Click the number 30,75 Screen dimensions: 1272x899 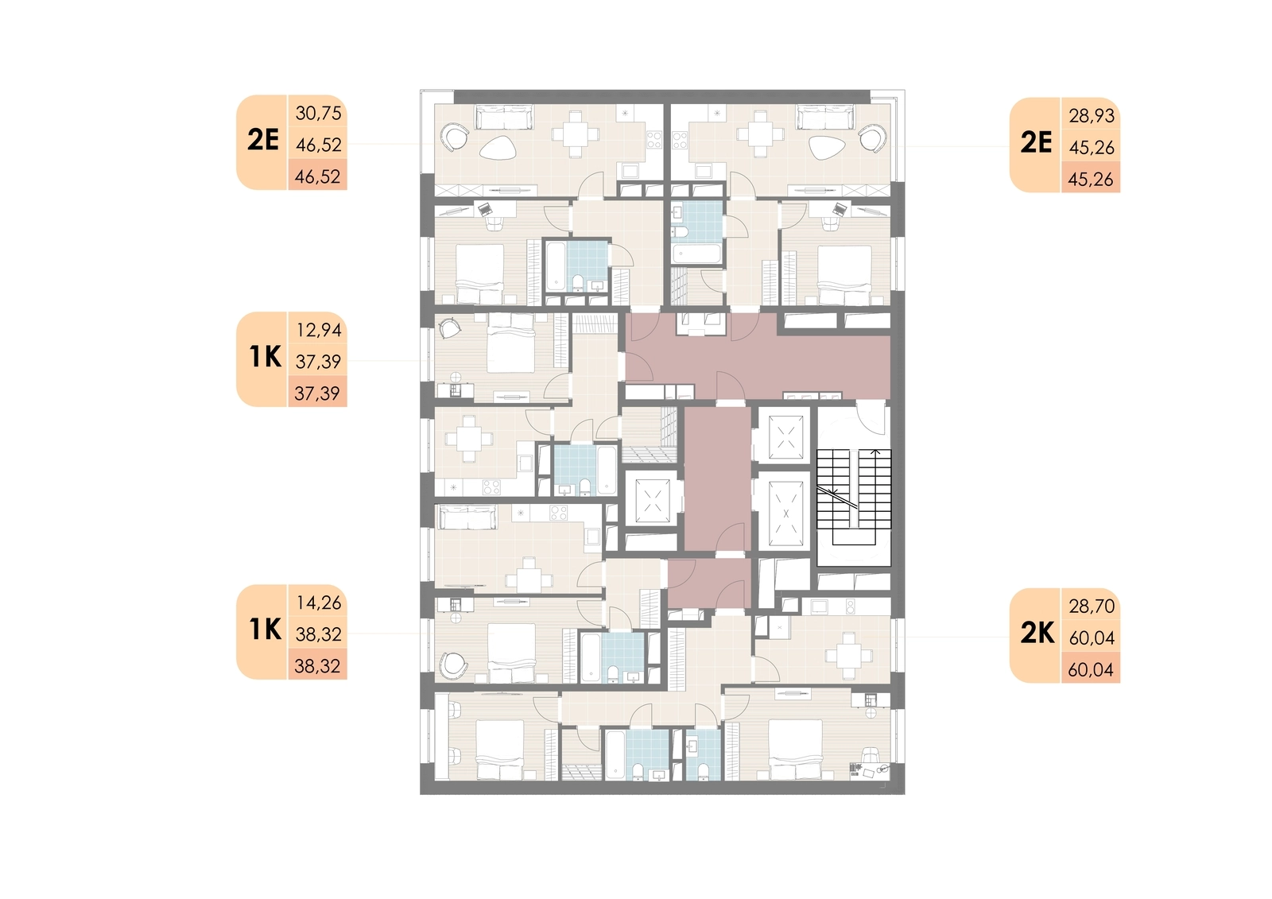coord(318,114)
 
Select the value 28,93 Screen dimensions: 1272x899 coord(1092,116)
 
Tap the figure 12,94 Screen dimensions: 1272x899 coord(319,330)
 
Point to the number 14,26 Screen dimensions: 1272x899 coord(319,603)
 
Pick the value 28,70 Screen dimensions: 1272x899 coord(1092,606)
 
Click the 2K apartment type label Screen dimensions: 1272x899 coord(1037,633)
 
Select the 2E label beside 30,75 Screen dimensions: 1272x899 coord(263,140)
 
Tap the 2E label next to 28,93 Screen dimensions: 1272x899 coord(1037,142)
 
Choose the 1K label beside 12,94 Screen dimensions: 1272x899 coord(266,357)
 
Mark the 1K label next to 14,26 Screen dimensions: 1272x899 coord(266,630)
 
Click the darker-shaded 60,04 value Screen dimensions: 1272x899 coord(1091,669)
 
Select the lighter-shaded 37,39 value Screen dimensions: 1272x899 coord(318,361)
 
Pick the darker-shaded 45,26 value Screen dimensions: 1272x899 coord(1091,180)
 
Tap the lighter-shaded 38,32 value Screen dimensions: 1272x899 coord(318,634)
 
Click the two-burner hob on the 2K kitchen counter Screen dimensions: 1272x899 coord(850,606)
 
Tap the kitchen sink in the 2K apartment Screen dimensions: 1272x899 coord(820,606)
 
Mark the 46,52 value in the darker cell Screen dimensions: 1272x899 coord(317,176)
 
